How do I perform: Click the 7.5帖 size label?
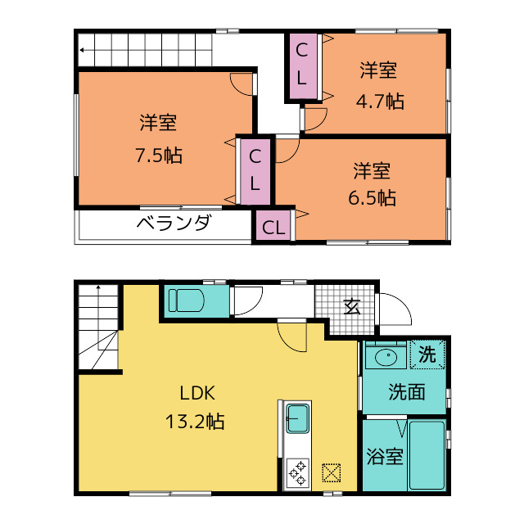pyautogui.click(x=159, y=156)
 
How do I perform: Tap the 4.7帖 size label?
pyautogui.click(x=378, y=102)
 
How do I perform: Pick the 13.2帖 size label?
pyautogui.click(x=196, y=422)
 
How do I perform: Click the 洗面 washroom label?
pyautogui.click(x=406, y=392)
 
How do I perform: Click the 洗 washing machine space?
pyautogui.click(x=428, y=355)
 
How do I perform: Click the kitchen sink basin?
pyautogui.click(x=296, y=420)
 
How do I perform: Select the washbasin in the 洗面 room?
pyautogui.click(x=383, y=357)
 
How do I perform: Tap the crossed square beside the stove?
pyautogui.click(x=331, y=473)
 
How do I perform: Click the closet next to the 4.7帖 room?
pyautogui.click(x=302, y=66)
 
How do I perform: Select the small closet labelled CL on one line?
pyautogui.click(x=273, y=227)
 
